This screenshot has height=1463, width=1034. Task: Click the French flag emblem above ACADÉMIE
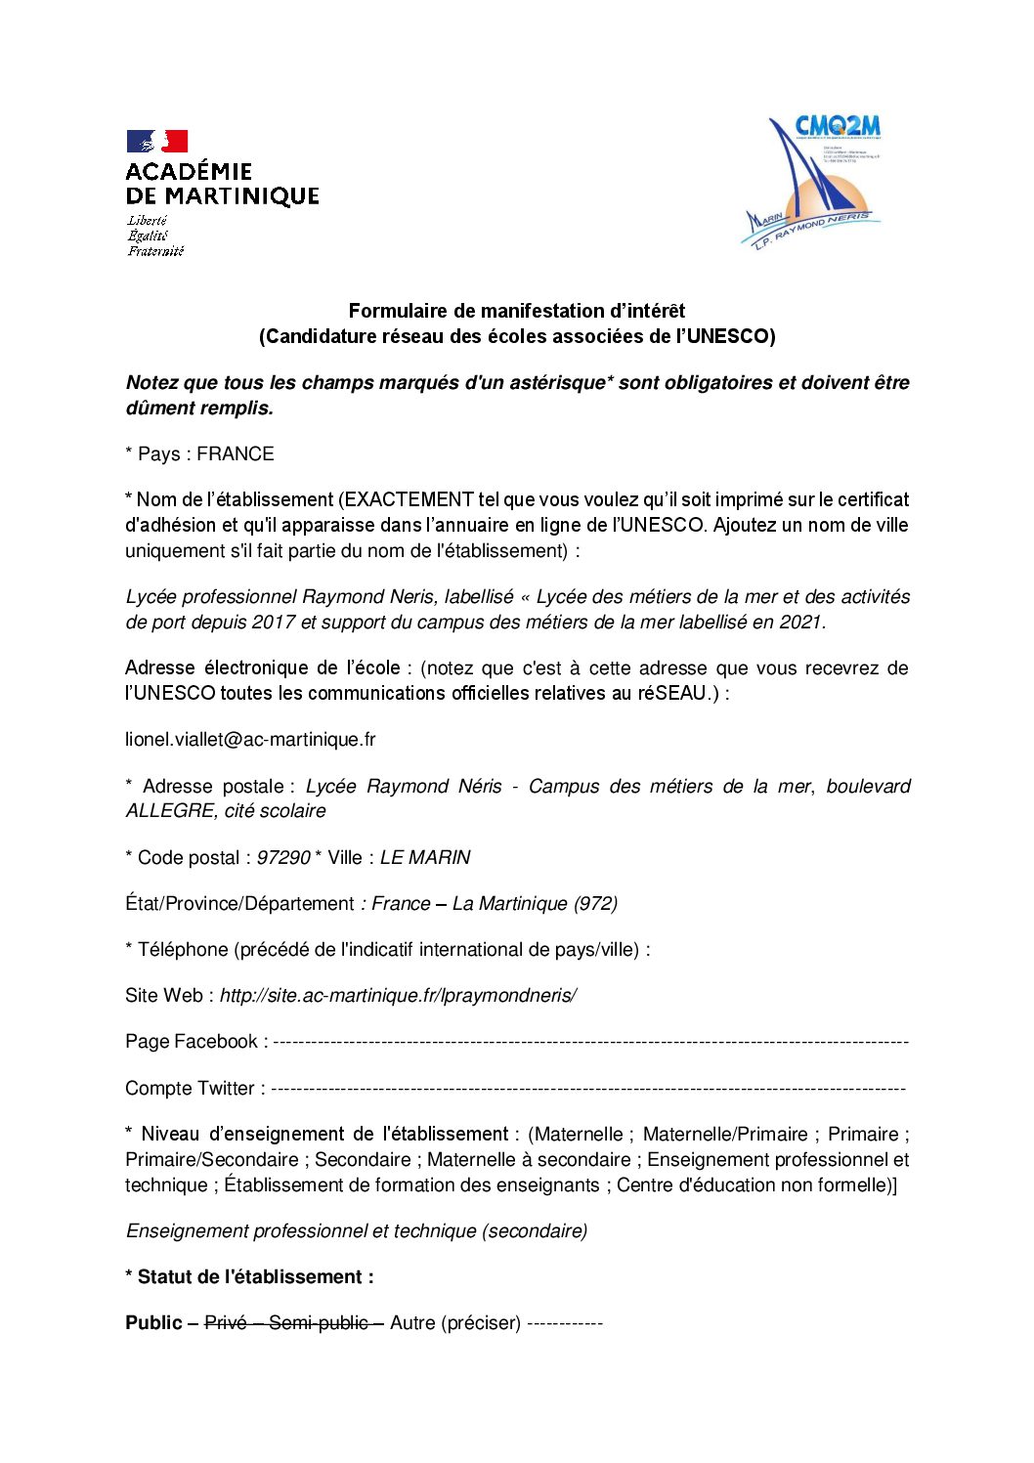[156, 142]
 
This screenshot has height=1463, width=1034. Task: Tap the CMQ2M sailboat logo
[812, 182]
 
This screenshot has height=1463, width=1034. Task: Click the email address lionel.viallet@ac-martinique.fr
[250, 740]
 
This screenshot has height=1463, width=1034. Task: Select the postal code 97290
[282, 858]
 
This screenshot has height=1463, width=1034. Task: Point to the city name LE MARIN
[425, 858]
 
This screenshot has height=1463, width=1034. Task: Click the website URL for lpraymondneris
[398, 996]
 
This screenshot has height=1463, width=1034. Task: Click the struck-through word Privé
[226, 1323]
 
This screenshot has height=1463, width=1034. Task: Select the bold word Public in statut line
[153, 1323]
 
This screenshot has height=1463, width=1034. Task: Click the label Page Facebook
[192, 1042]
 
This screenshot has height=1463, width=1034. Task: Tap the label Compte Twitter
[190, 1089]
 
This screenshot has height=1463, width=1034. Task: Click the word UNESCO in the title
[729, 337]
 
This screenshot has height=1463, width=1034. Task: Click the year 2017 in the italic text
[274, 623]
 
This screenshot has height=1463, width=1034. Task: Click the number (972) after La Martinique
[596, 904]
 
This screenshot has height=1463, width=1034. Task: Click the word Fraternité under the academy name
[155, 251]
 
